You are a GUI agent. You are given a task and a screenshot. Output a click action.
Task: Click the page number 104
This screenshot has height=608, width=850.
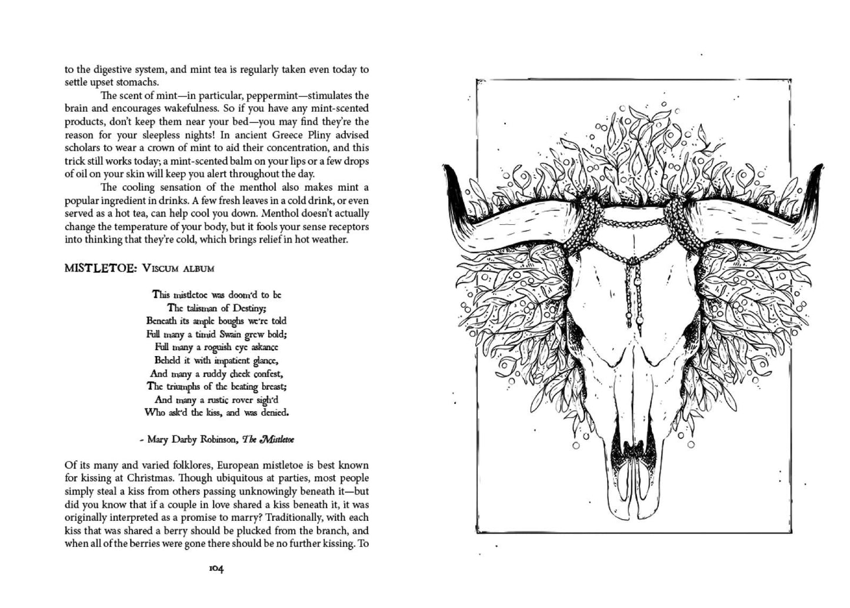pyautogui.click(x=216, y=569)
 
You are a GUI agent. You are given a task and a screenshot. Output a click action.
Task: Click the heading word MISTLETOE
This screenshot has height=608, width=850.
pyautogui.click(x=100, y=268)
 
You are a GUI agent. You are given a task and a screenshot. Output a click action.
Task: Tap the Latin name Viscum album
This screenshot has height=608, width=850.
pyautogui.click(x=178, y=269)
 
